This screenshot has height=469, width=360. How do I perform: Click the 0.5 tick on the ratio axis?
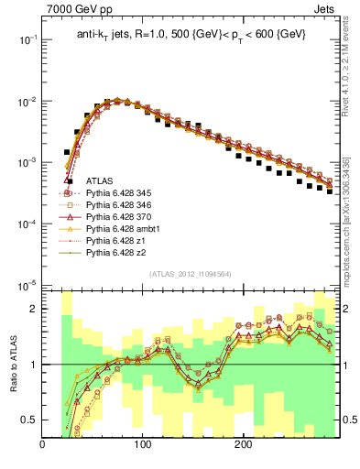click(x=29, y=420)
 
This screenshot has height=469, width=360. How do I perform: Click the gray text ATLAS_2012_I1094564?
click(x=190, y=274)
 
